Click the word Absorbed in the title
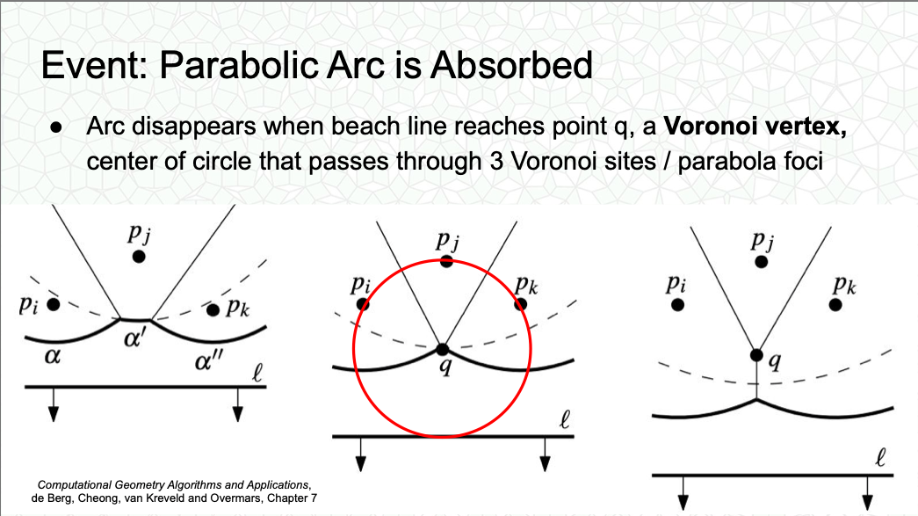click(x=511, y=65)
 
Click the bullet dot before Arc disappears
click(x=56, y=127)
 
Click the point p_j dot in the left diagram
click(x=139, y=257)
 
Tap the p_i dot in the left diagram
click(x=54, y=304)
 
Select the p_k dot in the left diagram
click(x=213, y=309)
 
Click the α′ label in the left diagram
click(x=135, y=339)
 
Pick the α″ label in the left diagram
click(x=209, y=361)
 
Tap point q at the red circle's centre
click(x=443, y=350)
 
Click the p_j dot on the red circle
click(x=447, y=261)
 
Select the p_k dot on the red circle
click(x=520, y=304)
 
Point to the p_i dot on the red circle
click(x=363, y=304)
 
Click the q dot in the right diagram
click(x=756, y=355)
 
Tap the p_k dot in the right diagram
click(x=835, y=304)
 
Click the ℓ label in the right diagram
click(x=880, y=457)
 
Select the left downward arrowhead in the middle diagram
click(x=361, y=464)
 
